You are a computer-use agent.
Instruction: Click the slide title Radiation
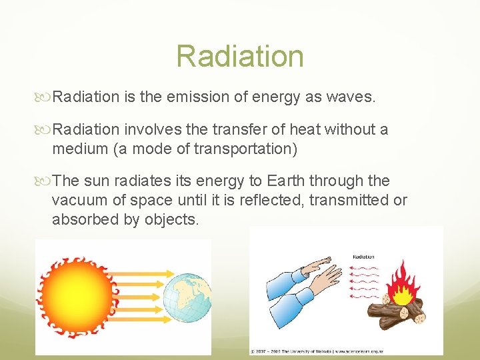tap(240, 57)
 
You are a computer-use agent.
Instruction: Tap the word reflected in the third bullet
tap(263, 201)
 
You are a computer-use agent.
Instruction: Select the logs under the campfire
tap(400, 313)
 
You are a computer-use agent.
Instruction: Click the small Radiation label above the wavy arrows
tap(363, 256)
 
